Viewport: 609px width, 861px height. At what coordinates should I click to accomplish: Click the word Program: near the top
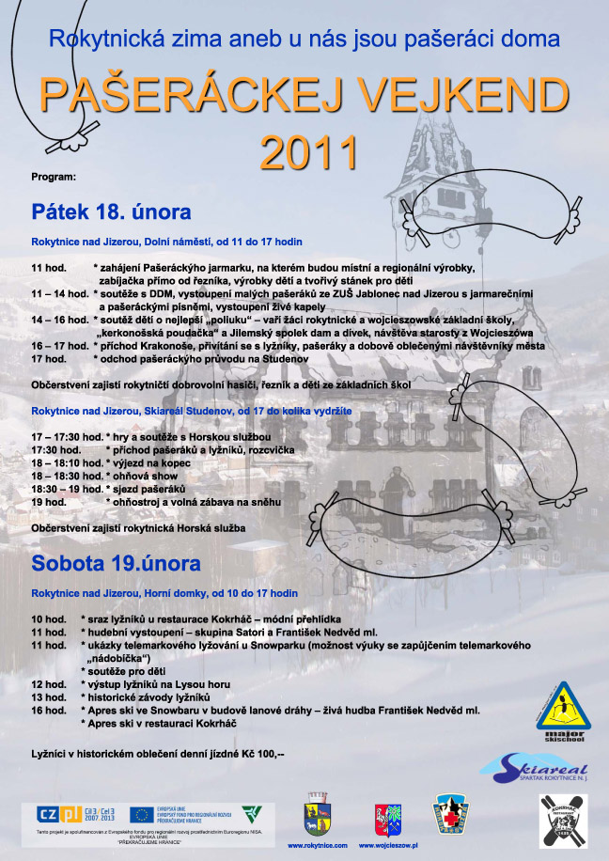(53, 176)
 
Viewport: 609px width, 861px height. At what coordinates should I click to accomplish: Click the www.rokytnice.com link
(317, 846)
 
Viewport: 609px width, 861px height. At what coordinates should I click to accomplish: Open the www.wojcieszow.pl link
(389, 846)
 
